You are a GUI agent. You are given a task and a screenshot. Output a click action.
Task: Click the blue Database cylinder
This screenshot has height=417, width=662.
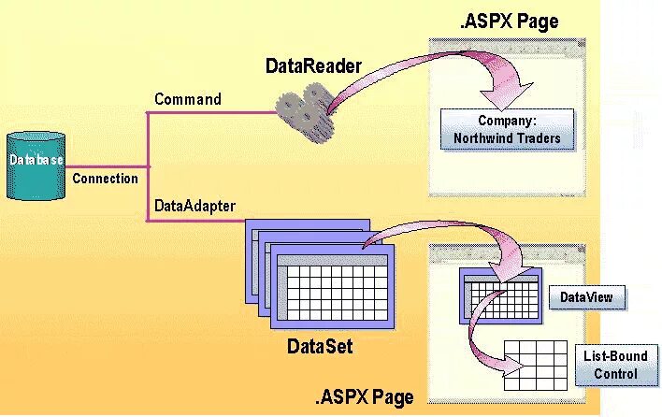(x=36, y=165)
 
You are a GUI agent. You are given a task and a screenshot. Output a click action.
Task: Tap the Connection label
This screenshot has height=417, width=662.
(x=105, y=179)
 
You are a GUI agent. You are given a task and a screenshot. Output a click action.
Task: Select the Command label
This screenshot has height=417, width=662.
(x=188, y=99)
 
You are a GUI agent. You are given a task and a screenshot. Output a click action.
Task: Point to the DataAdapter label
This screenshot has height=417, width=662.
(x=194, y=204)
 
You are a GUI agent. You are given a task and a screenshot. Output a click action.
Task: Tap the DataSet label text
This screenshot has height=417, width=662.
(x=321, y=347)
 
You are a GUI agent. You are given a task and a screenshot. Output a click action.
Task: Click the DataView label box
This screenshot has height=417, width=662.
(x=586, y=298)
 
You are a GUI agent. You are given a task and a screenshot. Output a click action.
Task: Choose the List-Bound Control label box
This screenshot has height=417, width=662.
(x=615, y=364)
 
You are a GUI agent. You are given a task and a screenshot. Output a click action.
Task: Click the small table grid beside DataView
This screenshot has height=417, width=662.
(x=499, y=294)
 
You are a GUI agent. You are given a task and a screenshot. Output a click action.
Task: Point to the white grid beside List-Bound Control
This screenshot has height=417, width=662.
(x=536, y=364)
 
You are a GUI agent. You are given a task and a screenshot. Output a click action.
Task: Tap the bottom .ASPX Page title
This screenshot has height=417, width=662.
(x=365, y=397)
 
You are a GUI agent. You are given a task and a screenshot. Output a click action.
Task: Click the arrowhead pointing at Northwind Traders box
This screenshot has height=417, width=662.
(x=496, y=94)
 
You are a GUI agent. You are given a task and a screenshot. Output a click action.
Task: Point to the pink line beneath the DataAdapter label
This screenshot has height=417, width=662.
(x=196, y=221)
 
